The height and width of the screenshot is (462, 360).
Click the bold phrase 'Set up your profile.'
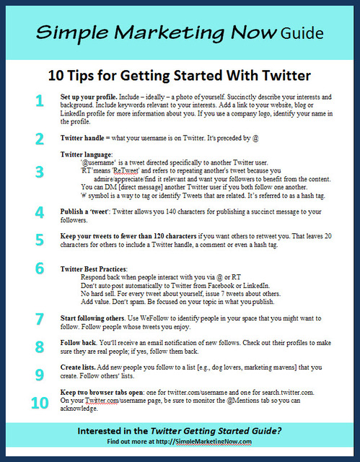(90, 97)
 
